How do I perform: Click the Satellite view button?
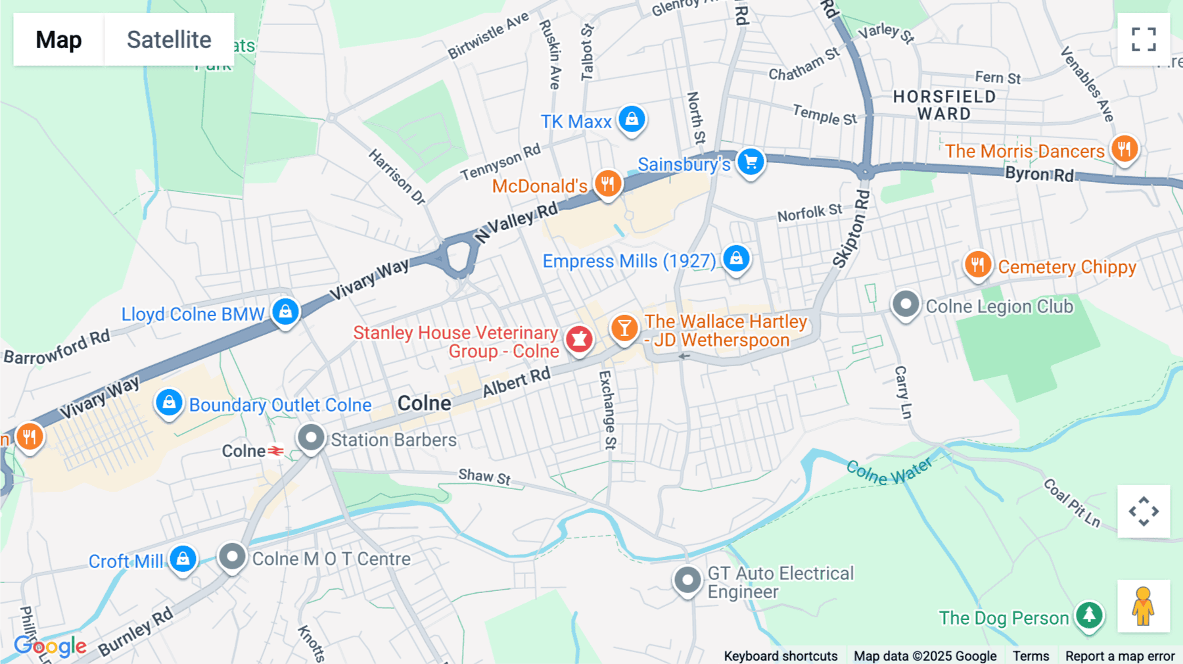(x=169, y=39)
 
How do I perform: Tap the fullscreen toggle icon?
(x=1144, y=39)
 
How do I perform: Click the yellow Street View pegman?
(x=1144, y=605)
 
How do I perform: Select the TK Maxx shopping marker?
(x=632, y=120)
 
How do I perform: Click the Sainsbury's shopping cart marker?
(x=751, y=162)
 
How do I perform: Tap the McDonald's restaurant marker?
(x=608, y=184)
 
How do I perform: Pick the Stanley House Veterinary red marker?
(x=579, y=339)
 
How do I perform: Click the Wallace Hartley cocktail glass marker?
(x=624, y=327)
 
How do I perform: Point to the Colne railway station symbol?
(x=276, y=451)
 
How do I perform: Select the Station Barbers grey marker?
(x=312, y=437)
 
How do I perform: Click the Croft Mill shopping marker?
(x=183, y=559)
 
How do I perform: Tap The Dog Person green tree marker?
(x=1089, y=615)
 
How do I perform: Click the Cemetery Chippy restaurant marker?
(x=978, y=265)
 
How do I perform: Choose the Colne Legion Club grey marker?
(x=906, y=304)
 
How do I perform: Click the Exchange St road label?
(x=607, y=409)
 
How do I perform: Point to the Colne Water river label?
(x=889, y=471)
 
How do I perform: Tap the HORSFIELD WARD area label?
(x=944, y=105)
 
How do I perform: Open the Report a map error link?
(x=1120, y=656)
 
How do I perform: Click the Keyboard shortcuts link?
(x=780, y=656)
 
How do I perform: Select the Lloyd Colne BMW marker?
(x=285, y=312)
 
